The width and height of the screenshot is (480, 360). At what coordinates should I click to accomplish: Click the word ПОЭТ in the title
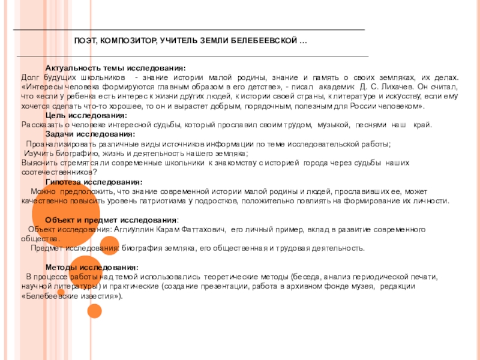point(85,40)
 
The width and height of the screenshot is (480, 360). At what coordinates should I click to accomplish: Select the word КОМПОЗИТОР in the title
point(126,40)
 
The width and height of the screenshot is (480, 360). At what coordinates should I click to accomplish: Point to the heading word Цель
point(56,115)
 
